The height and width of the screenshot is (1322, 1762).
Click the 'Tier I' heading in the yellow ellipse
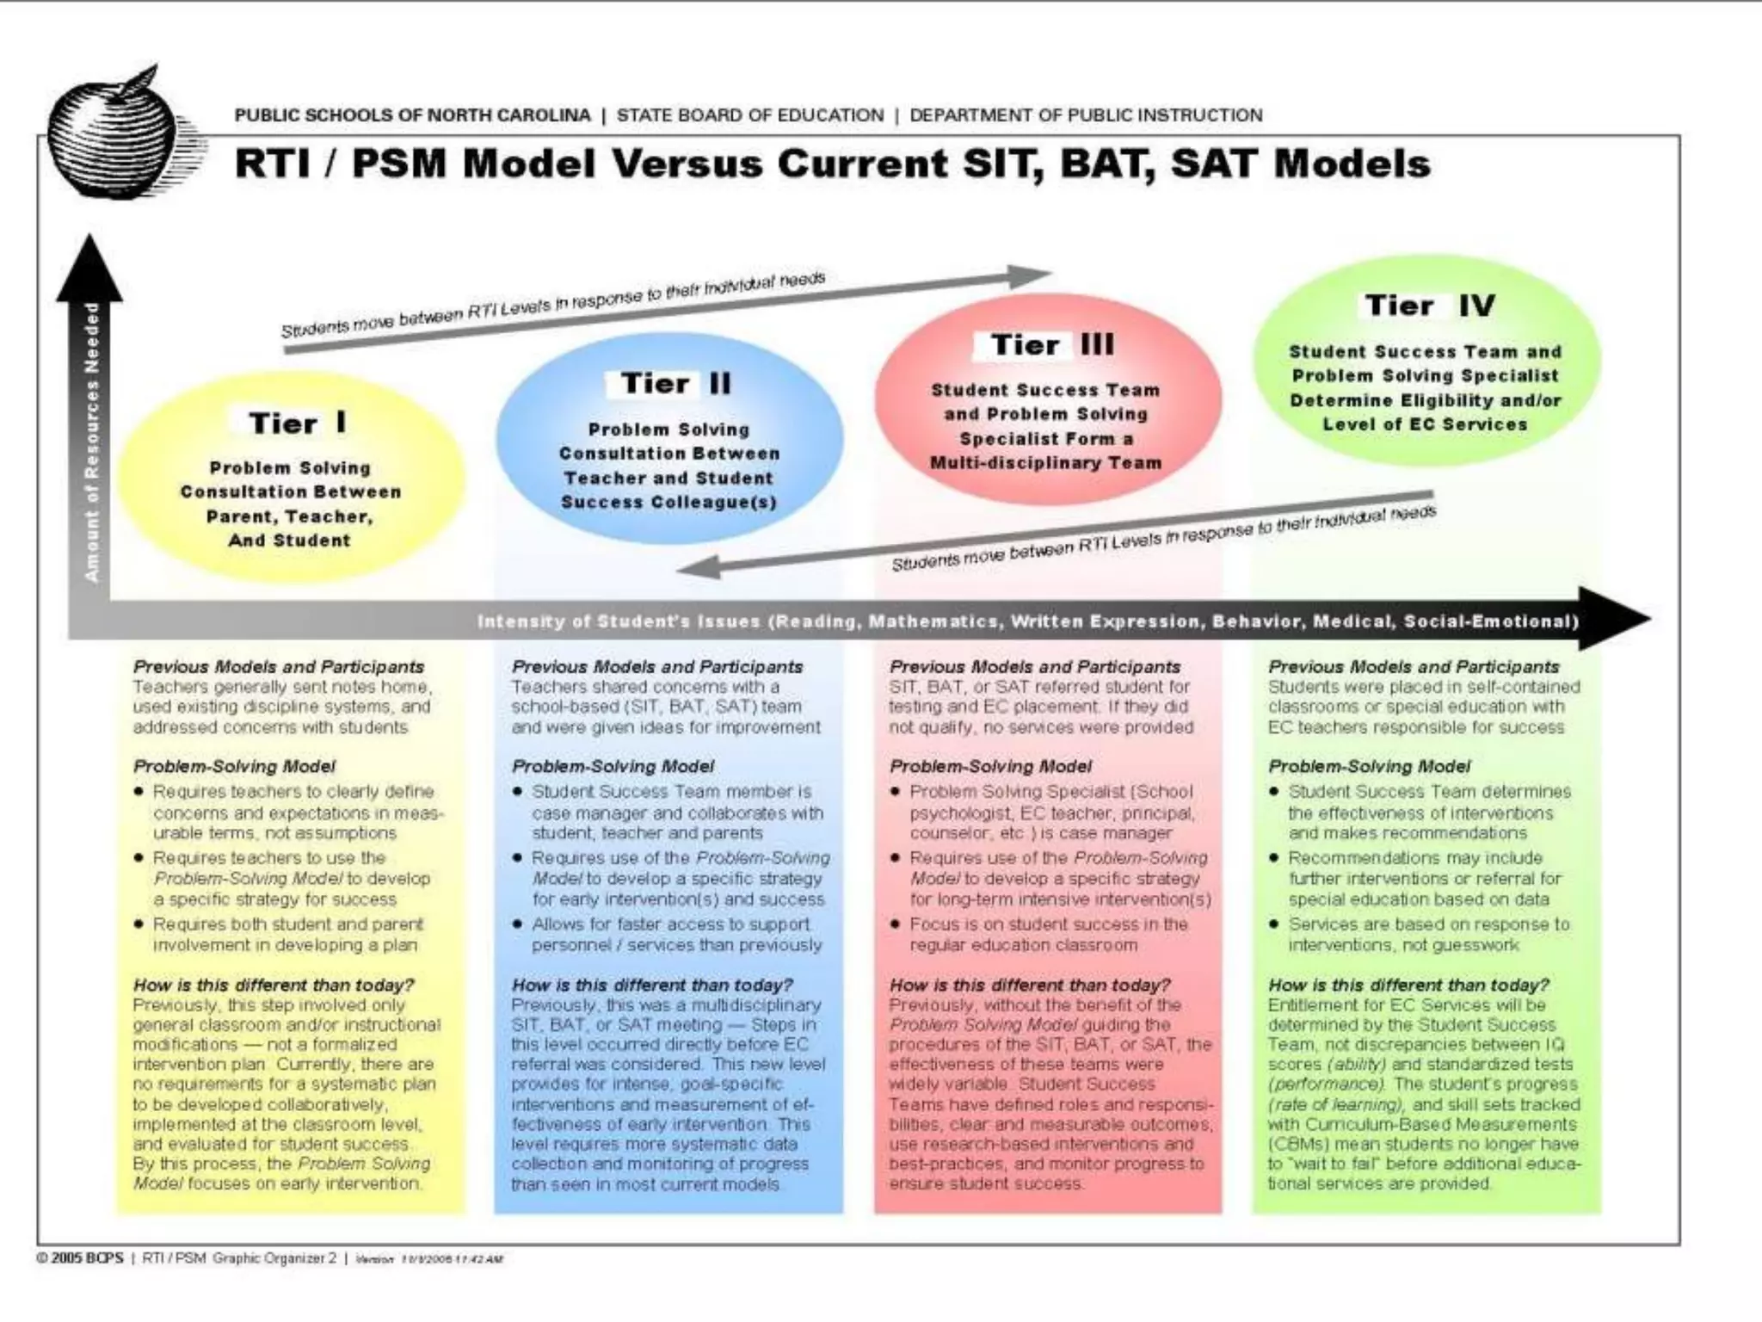point(298,423)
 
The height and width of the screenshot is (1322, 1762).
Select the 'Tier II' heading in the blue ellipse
point(675,383)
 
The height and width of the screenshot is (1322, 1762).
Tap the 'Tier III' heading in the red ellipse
point(1051,344)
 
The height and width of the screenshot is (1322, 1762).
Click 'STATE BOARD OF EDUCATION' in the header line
point(749,115)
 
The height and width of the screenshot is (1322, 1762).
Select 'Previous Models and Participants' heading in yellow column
point(278,666)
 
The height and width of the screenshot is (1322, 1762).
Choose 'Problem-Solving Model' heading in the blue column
point(613,766)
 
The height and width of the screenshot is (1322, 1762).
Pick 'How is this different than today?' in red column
point(1030,985)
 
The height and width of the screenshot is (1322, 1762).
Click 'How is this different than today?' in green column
point(1408,985)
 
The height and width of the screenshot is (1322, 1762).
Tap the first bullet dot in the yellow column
point(139,791)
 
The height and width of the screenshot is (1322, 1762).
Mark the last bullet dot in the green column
point(1274,924)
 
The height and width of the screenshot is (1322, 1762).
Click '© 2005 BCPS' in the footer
point(80,1258)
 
